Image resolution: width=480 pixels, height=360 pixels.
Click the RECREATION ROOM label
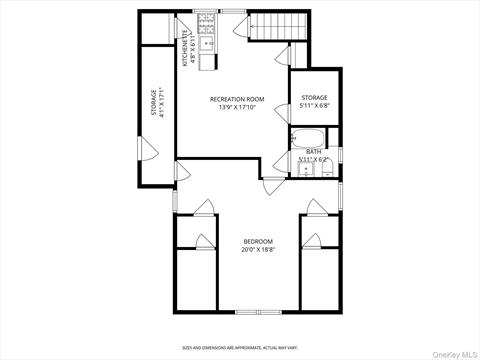pos(237,99)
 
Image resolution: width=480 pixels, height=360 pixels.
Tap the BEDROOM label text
pos(258,241)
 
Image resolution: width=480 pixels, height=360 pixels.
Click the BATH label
pos(314,151)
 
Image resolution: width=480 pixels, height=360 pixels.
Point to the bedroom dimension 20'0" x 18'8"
pos(258,250)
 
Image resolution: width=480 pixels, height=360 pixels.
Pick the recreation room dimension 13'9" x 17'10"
pos(237,108)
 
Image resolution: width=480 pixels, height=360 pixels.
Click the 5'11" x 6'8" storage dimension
pos(315,106)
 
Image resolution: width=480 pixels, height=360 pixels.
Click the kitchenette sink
pos(208,43)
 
